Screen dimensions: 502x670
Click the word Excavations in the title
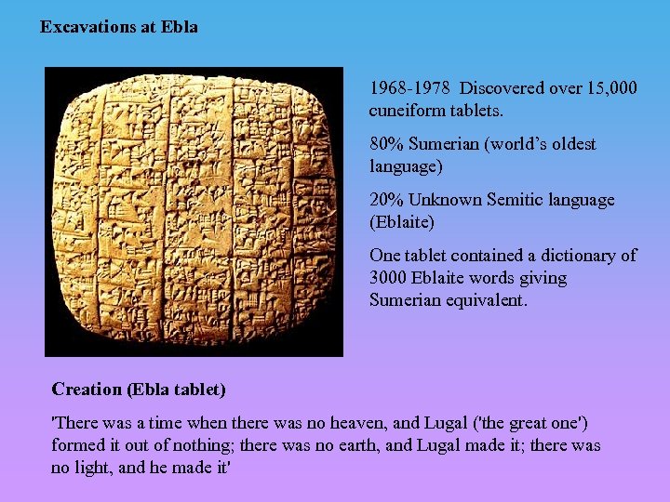(85, 27)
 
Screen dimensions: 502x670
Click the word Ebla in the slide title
(181, 27)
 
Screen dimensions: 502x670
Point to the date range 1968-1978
(410, 88)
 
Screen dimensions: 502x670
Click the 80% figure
(386, 144)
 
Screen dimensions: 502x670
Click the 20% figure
(386, 200)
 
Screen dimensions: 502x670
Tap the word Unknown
(443, 200)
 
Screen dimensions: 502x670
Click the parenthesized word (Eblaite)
(401, 222)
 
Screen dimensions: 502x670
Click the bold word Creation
(87, 390)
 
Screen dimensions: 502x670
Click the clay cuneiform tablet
(194, 212)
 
